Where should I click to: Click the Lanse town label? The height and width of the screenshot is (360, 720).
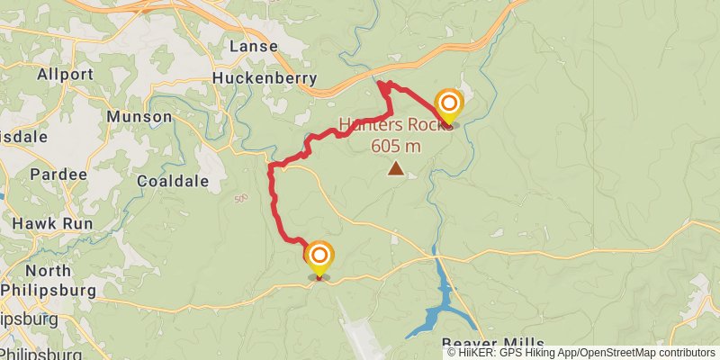254,46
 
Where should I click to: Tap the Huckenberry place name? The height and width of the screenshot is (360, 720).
265,78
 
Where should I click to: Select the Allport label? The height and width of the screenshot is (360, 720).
66,75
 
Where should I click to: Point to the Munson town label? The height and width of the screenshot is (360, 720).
139,117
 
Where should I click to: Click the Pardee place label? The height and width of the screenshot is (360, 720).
58,174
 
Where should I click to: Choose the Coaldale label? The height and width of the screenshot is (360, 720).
173,181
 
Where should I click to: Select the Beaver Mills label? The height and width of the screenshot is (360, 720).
492,344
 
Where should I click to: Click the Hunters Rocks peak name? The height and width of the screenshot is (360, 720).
394,124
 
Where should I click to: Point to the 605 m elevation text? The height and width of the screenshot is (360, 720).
395,144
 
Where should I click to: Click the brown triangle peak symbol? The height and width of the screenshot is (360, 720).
395,167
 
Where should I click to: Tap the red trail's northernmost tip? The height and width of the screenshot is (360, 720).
382,84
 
